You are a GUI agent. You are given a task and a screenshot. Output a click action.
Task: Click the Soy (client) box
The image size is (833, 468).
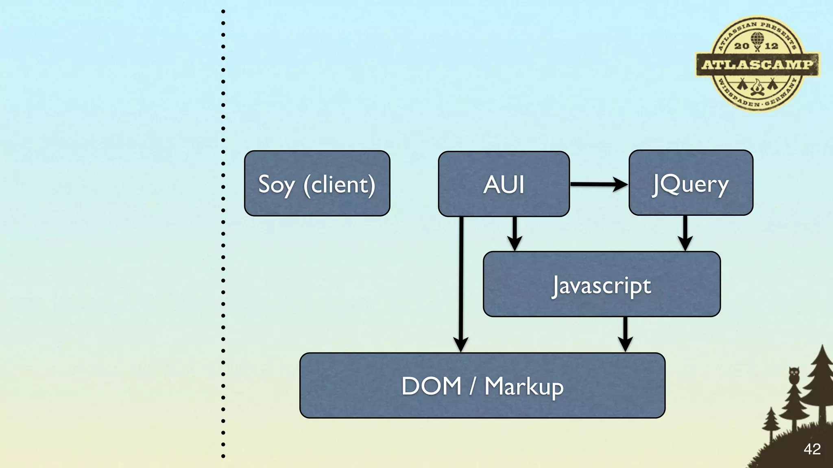[317, 184]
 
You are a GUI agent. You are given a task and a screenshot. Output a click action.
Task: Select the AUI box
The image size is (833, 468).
[504, 184]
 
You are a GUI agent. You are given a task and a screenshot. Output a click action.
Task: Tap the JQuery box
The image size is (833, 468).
[691, 183]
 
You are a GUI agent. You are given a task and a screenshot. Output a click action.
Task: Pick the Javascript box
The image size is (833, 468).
[602, 284]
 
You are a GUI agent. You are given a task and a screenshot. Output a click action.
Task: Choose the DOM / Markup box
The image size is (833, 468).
[482, 386]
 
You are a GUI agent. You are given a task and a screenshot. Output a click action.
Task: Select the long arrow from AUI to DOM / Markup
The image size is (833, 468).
[461, 284]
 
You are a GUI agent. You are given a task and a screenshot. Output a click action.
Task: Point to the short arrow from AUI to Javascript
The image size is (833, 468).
[515, 234]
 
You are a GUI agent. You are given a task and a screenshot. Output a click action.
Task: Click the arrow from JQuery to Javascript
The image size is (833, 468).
[685, 233]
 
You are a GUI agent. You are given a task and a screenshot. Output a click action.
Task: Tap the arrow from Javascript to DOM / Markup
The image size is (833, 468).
[625, 334]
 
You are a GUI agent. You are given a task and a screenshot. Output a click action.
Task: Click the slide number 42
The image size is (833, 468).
[812, 449]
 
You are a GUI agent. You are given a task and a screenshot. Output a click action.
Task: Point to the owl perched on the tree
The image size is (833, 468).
[794, 375]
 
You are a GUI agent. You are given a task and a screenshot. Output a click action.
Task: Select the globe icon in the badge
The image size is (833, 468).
[757, 39]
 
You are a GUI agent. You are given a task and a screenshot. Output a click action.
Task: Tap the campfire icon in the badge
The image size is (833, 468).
[757, 87]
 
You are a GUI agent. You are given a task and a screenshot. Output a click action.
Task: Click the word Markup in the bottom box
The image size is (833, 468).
[524, 386]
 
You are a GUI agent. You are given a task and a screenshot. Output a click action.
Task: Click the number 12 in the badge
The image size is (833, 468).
[771, 46]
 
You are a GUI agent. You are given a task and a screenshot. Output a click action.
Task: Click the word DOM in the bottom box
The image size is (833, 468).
[431, 386]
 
